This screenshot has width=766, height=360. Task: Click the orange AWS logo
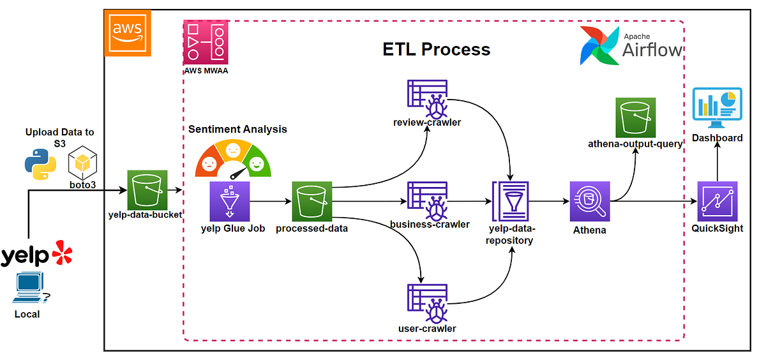pos(128,33)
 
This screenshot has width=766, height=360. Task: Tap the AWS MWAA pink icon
pos(206,42)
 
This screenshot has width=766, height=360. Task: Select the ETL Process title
pos(437,49)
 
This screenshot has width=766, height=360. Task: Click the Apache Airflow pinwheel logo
pos(599,45)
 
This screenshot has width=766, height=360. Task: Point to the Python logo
pos(41,164)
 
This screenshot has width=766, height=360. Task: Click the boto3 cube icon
pos(82,163)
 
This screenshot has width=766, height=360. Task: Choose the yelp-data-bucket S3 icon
pos(147,190)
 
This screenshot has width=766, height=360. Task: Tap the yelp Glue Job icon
pos(230,201)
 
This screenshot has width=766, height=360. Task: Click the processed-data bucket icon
pos(312,201)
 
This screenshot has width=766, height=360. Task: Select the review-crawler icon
pos(428,99)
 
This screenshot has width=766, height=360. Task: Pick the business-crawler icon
pos(428,201)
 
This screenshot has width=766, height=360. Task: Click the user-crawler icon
pos(428,304)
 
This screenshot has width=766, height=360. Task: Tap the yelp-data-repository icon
pos(511,201)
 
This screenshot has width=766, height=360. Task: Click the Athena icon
pos(590,201)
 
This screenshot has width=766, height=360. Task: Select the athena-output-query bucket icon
pos(636,117)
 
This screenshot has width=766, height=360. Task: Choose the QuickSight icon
pos(717,201)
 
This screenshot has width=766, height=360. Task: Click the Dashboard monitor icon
pos(717,108)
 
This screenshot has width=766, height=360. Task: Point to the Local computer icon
pos(31,287)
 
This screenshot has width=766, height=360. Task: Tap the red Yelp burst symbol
pos(63,252)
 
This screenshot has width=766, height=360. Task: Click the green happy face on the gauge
pos(257,164)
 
